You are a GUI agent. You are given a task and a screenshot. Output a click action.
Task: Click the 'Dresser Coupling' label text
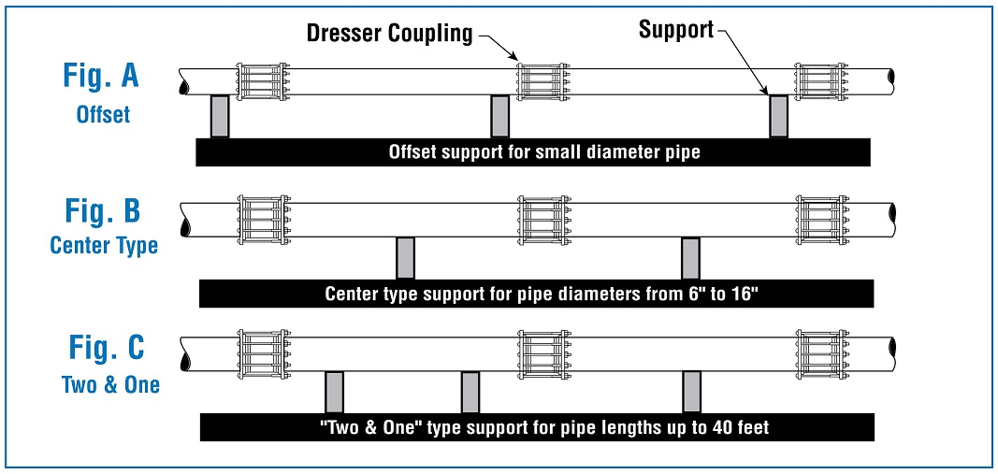[389, 34]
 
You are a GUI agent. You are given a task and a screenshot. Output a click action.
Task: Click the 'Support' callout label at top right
[676, 30]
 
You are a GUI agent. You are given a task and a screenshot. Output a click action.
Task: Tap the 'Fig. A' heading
[101, 75]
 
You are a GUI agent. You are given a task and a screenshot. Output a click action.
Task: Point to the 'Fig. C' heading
[107, 347]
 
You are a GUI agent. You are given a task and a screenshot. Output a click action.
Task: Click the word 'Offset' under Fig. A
[103, 114]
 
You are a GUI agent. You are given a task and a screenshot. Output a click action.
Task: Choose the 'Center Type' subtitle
[104, 246]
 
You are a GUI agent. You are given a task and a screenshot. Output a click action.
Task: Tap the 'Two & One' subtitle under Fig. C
[110, 384]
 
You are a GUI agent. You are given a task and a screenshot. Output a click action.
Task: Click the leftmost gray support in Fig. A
[220, 117]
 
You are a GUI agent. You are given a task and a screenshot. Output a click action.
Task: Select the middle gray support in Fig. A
[499, 117]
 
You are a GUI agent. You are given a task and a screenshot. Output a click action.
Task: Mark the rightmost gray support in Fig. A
[779, 117]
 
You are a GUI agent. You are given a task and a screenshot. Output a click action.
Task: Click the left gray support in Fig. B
[405, 258]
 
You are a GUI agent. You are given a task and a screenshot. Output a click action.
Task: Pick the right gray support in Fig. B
[690, 258]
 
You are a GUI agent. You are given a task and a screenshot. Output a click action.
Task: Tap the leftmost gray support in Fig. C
[334, 393]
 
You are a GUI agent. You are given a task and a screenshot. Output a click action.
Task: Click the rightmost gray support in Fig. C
[692, 393]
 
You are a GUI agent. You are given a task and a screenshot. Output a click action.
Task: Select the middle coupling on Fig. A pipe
[543, 81]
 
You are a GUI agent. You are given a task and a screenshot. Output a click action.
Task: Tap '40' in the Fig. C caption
[724, 427]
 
